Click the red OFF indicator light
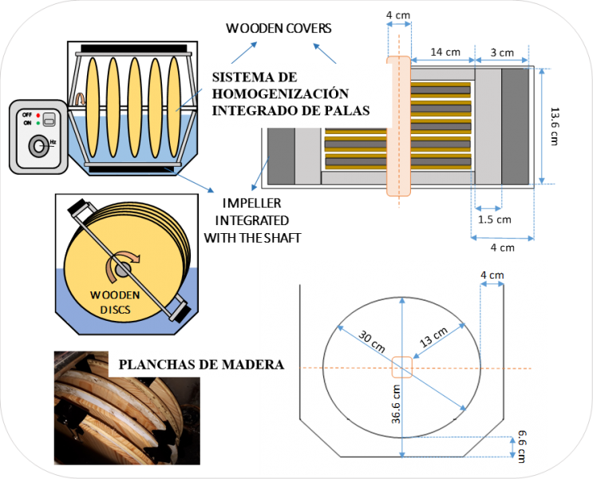[x=38, y=114]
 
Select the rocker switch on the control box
[x=48, y=120]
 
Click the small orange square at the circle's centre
[x=401, y=368]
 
